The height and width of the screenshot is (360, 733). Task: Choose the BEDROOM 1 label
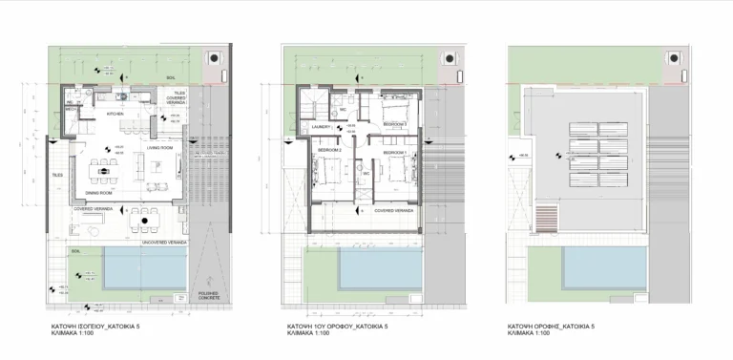point(395,153)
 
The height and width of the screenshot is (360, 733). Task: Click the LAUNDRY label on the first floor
point(321,125)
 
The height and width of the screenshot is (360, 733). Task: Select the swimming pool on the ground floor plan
point(143,269)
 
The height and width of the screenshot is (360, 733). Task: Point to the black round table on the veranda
point(143,221)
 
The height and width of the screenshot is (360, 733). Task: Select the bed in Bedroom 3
point(395,106)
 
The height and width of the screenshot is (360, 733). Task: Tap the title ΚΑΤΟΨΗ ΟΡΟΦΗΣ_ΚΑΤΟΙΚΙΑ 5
point(552,326)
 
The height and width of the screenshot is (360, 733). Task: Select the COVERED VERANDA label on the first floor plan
point(393,210)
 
